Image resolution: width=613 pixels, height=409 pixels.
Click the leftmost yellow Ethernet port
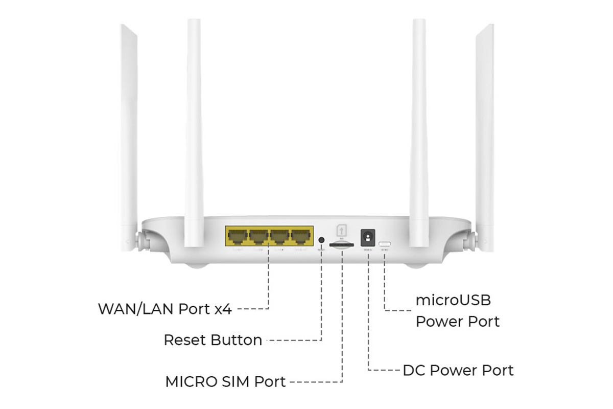pyautogui.click(x=237, y=237)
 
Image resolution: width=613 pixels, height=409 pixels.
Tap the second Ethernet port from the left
pyautogui.click(x=258, y=237)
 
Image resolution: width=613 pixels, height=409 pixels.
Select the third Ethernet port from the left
pyautogui.click(x=279, y=237)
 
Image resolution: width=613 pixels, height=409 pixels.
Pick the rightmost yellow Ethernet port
pyautogui.click(x=301, y=237)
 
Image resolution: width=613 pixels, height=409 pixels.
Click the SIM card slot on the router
pyautogui.click(x=340, y=245)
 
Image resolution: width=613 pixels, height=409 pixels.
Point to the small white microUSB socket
pyautogui.click(x=385, y=243)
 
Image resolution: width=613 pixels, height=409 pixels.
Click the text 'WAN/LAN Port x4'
pyautogui.click(x=165, y=309)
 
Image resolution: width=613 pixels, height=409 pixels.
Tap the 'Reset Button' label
pyautogui.click(x=213, y=340)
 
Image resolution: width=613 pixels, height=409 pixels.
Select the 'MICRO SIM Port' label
pyautogui.click(x=225, y=381)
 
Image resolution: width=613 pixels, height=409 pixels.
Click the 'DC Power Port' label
pyautogui.click(x=458, y=370)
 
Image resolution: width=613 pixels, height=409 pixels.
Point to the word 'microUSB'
pyautogui.click(x=453, y=300)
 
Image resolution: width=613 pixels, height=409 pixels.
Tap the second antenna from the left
pyautogui.click(x=194, y=128)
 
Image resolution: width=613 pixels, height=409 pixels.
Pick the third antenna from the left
pyautogui.click(x=419, y=128)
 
